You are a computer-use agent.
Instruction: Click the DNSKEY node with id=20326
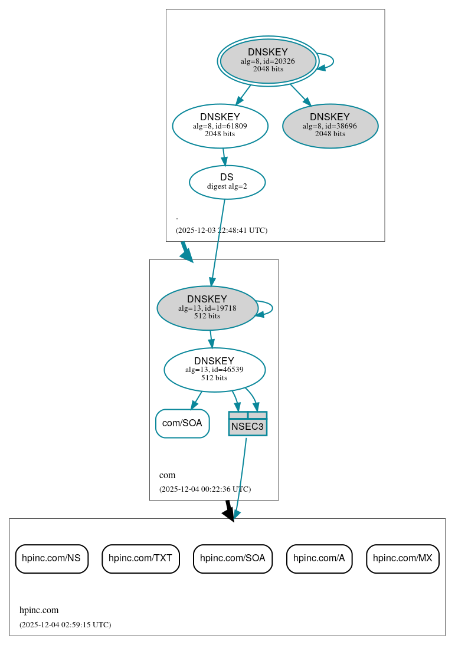(x=268, y=61)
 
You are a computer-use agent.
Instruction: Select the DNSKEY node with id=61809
(x=220, y=126)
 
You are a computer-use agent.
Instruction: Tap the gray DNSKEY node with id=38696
(x=330, y=126)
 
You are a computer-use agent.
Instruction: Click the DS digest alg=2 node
(x=227, y=182)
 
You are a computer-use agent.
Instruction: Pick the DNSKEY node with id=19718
(x=207, y=308)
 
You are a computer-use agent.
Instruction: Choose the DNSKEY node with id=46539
(x=214, y=370)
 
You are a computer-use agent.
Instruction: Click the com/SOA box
(x=182, y=423)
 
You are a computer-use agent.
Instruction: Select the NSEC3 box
(x=247, y=424)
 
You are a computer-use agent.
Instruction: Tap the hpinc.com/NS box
(x=51, y=558)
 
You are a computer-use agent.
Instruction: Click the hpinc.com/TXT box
(x=140, y=558)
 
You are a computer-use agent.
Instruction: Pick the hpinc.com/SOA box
(x=233, y=558)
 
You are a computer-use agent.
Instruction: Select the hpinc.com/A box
(x=319, y=558)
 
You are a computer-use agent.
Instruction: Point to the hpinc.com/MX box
(x=402, y=558)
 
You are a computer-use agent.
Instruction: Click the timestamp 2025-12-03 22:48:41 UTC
(x=221, y=230)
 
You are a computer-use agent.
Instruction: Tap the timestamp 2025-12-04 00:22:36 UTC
(x=205, y=489)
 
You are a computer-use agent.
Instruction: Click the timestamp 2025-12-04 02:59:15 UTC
(x=65, y=624)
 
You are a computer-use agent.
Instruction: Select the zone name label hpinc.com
(x=39, y=610)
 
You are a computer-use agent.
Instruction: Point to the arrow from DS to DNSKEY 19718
(x=218, y=242)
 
